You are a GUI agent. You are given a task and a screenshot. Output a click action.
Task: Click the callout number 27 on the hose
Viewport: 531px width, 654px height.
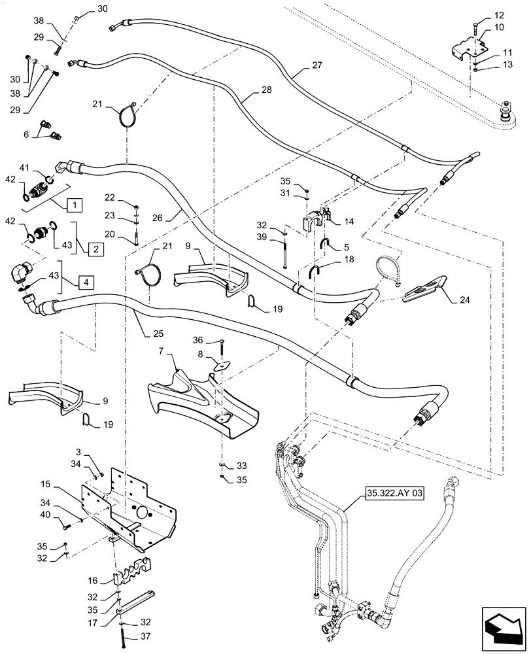tap(317, 66)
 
